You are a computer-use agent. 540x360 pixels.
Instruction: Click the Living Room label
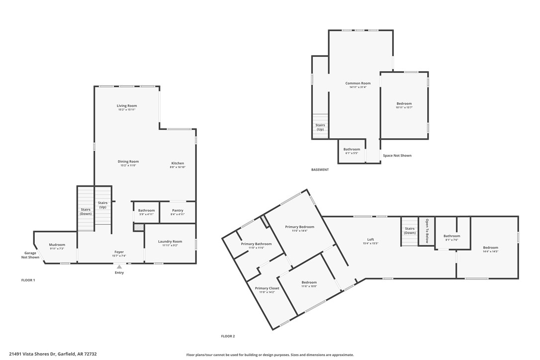pos(127,106)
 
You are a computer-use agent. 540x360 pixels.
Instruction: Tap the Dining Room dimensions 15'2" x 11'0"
pos(128,166)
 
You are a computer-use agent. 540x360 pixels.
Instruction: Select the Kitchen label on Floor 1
pos(178,163)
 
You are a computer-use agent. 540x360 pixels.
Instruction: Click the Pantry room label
pos(178,210)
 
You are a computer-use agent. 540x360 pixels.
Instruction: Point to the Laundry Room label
pos(170,242)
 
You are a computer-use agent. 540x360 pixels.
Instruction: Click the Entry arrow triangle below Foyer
pos(119,267)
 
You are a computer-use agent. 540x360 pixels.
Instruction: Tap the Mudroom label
pos(57,245)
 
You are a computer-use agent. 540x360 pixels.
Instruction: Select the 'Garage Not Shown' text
pos(30,255)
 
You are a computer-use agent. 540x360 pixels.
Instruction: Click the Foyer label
pos(119,252)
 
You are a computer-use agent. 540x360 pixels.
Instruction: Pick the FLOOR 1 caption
pos(28,280)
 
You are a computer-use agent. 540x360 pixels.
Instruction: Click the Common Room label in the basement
pos(358,83)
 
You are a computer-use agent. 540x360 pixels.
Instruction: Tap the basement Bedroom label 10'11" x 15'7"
pos(404,103)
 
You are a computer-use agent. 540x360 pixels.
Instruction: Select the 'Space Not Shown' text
pos(397,156)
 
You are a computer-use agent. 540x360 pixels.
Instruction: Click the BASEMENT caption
pos(320,170)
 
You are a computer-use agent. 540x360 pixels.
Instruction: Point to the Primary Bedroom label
pos(299,227)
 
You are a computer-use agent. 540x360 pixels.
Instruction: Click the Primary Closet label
pos(267,288)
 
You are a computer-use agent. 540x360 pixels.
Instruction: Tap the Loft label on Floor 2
pos(370,240)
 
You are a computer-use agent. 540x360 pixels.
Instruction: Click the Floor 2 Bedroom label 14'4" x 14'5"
pos(490,248)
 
